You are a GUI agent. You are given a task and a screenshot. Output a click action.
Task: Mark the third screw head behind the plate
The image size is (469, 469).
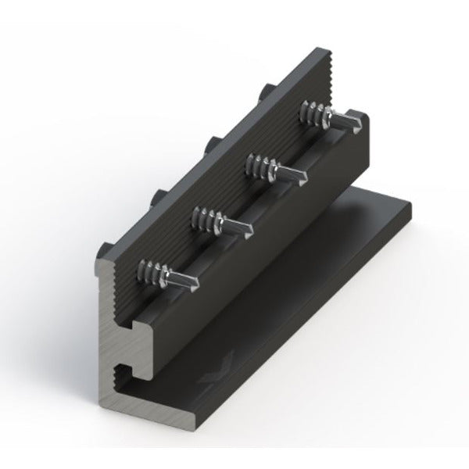[x=210, y=144]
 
